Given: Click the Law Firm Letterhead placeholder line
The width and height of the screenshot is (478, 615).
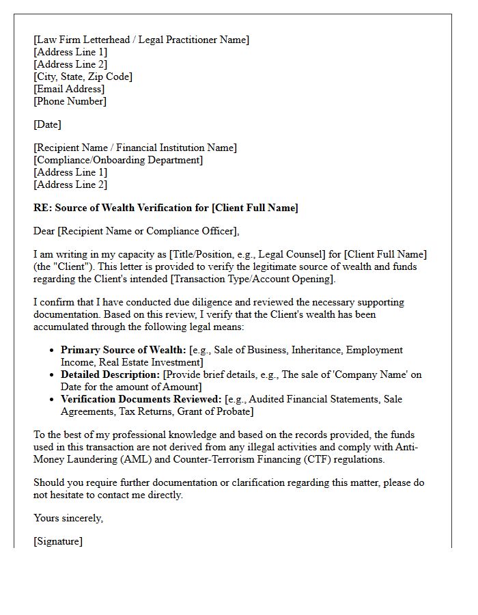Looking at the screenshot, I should coord(141,40).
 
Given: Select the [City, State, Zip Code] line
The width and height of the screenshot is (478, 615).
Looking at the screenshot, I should coord(83,77).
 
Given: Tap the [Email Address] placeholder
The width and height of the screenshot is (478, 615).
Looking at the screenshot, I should coord(69,89).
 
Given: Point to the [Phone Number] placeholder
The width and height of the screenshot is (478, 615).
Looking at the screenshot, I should coord(70,101).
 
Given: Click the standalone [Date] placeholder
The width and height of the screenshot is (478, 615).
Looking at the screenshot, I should coord(47,124).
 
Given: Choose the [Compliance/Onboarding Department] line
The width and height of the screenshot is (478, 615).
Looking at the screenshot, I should coord(118,160).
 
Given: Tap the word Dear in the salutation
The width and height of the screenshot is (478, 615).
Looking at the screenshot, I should coord(44,231).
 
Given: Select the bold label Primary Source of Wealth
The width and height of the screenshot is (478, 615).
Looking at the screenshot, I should coord(124,350).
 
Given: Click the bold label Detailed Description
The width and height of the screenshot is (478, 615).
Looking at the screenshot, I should coord(110,374).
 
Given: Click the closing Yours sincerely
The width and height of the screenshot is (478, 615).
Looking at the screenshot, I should coord(68,518).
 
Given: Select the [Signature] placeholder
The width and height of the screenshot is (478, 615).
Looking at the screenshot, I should coord(58,541).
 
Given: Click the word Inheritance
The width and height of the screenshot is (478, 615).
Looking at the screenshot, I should coord(316,350).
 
